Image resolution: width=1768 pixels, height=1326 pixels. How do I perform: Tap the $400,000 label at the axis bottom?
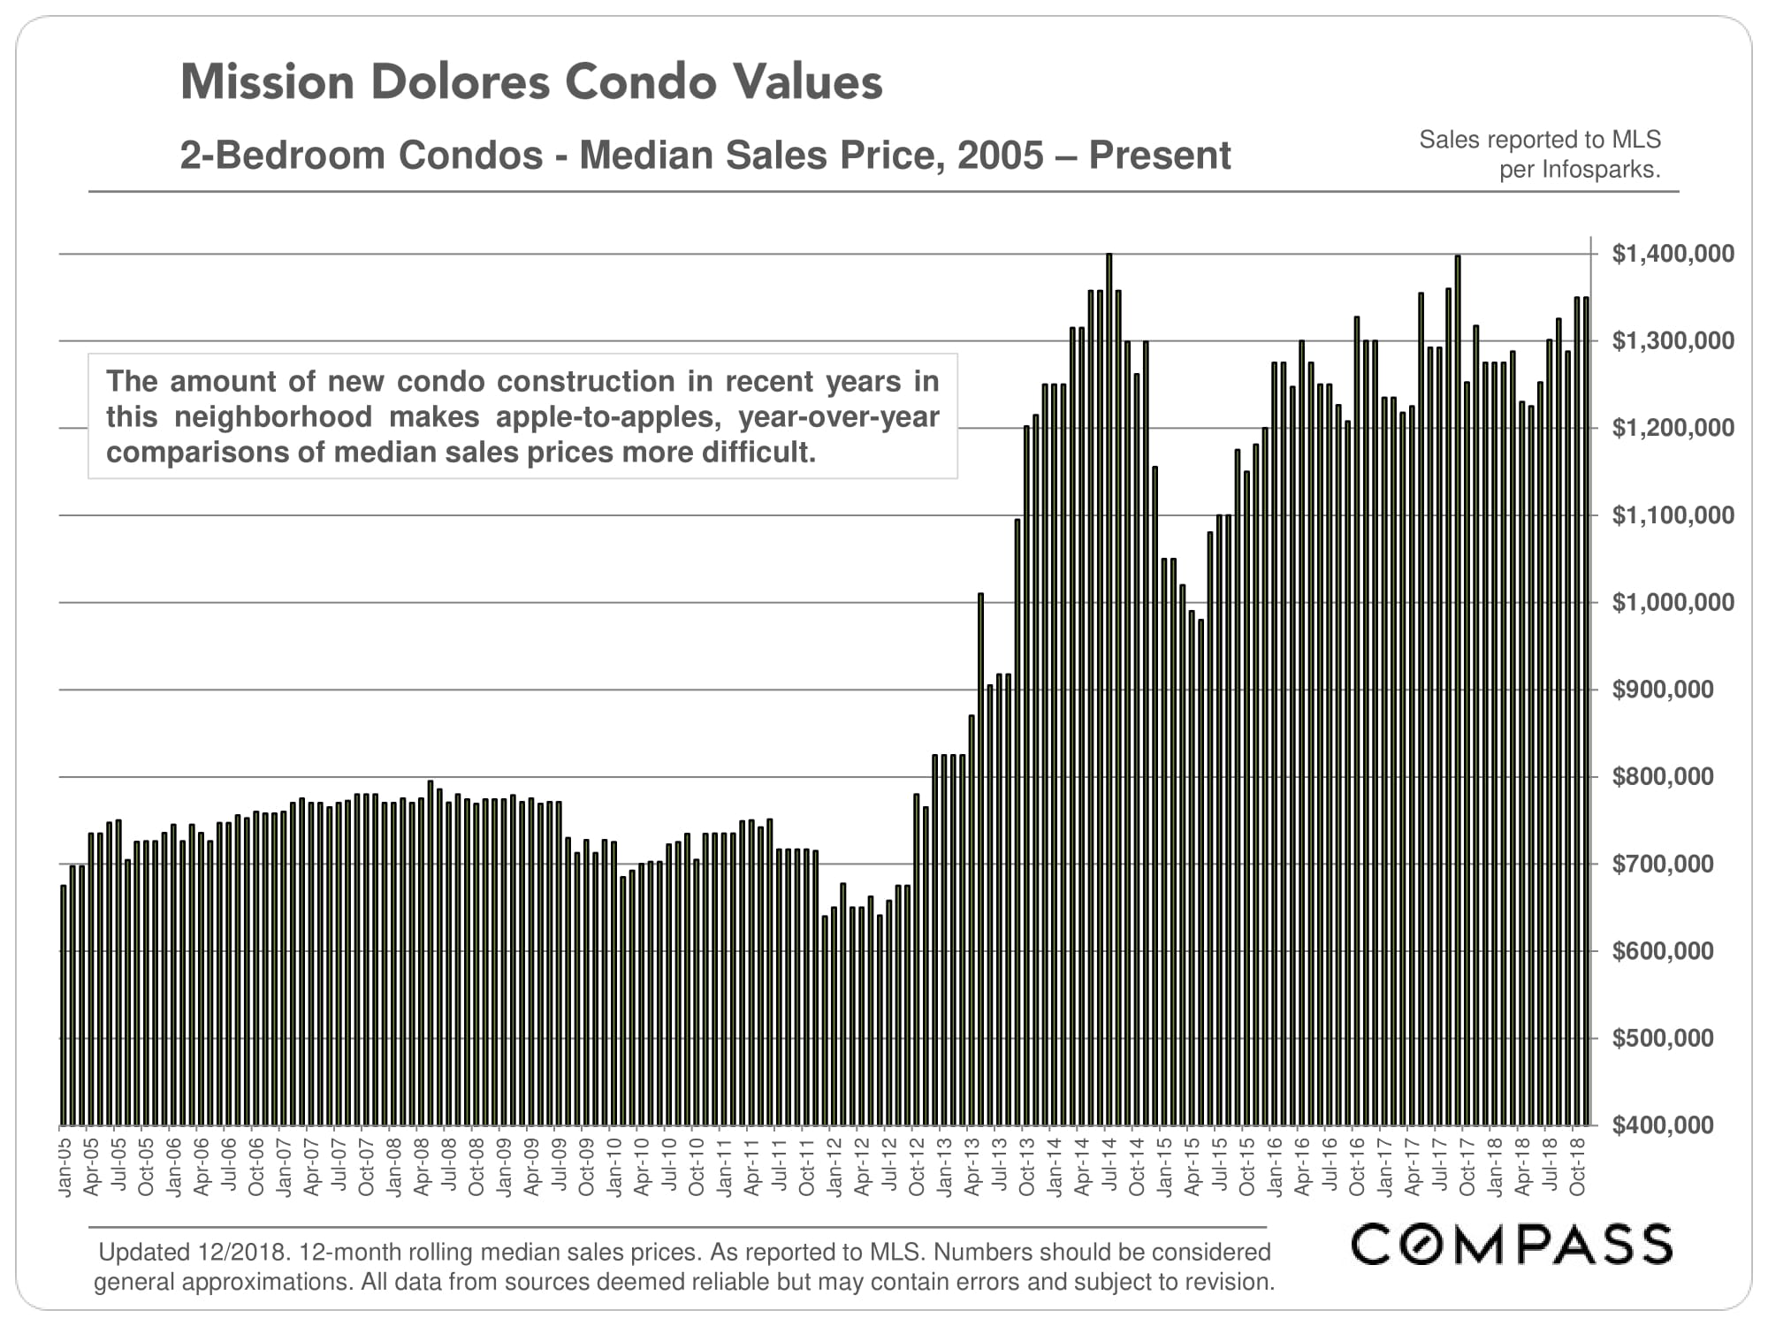pyautogui.click(x=1662, y=1125)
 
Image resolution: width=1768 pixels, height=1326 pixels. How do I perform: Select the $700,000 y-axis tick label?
pyautogui.click(x=1662, y=865)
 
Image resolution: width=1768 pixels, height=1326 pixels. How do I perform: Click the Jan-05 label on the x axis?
pyautogui.click(x=65, y=1167)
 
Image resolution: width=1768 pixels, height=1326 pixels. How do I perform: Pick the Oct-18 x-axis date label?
pyautogui.click(x=1577, y=1167)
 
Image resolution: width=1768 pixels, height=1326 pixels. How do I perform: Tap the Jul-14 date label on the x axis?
pyautogui.click(x=1109, y=1167)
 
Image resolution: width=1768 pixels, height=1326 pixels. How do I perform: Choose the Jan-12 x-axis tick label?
pyautogui.click(x=834, y=1167)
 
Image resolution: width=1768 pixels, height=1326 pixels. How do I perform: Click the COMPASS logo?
pyautogui.click(x=1512, y=1245)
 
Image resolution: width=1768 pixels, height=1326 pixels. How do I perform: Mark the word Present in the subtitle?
pyautogui.click(x=1159, y=156)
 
